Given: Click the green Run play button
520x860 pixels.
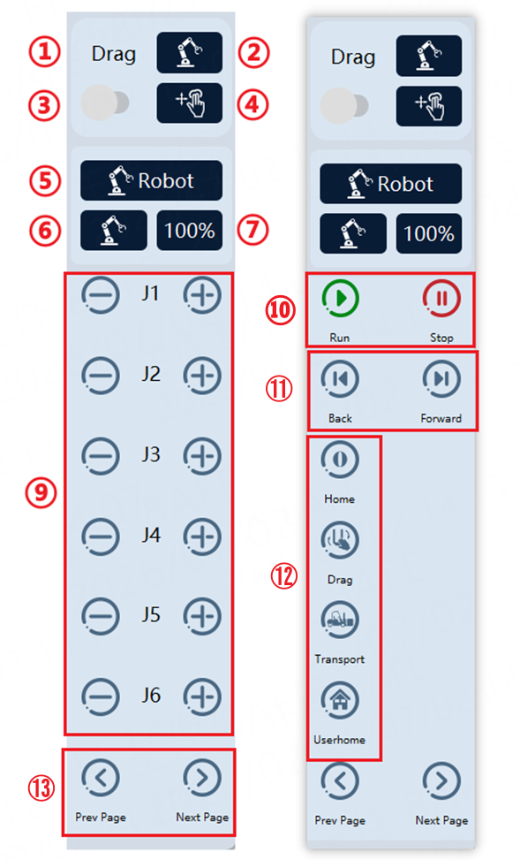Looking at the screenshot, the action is pos(340,299).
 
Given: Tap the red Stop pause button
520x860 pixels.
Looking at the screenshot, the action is pos(441,299).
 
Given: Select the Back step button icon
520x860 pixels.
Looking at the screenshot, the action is pos(340,379).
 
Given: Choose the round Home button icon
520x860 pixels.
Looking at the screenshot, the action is pos(340,460).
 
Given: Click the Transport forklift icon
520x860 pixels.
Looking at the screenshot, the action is pos(340,620).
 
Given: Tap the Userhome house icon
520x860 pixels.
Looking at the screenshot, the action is pos(340,700).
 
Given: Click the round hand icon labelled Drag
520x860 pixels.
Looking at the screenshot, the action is pos(340,540).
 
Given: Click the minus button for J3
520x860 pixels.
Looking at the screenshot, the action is pos(101,456).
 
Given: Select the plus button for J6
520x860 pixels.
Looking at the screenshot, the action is pos(202,696).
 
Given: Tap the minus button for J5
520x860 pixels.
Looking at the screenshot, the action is pos(101,616).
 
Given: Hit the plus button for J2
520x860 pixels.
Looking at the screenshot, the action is pos(202,375).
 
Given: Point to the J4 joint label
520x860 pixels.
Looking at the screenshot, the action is pos(151,535).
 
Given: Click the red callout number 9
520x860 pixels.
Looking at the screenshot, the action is pos(41,492).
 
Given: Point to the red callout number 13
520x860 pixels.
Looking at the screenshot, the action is pos(41,788).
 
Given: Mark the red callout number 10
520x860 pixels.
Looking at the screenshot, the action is pos(281,310).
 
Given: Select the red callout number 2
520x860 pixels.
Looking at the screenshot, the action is pos(253,53).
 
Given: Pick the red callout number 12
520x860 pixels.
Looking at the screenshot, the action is pos(283,576).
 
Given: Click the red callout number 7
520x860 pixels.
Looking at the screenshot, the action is pos(253,230).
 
